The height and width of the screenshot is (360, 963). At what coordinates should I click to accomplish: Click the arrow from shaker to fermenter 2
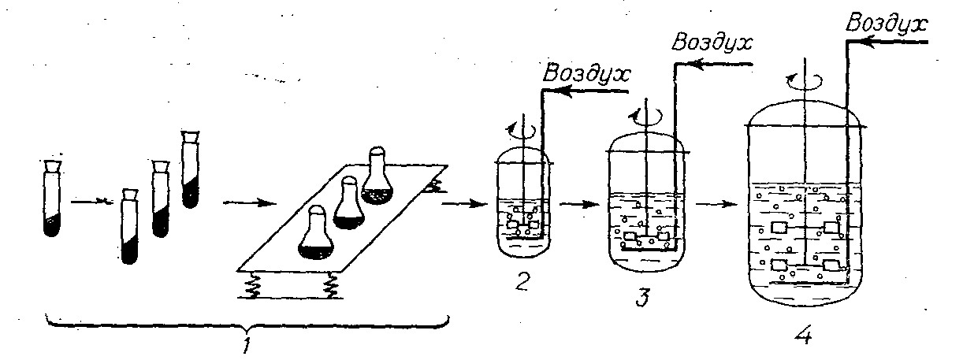point(462,205)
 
